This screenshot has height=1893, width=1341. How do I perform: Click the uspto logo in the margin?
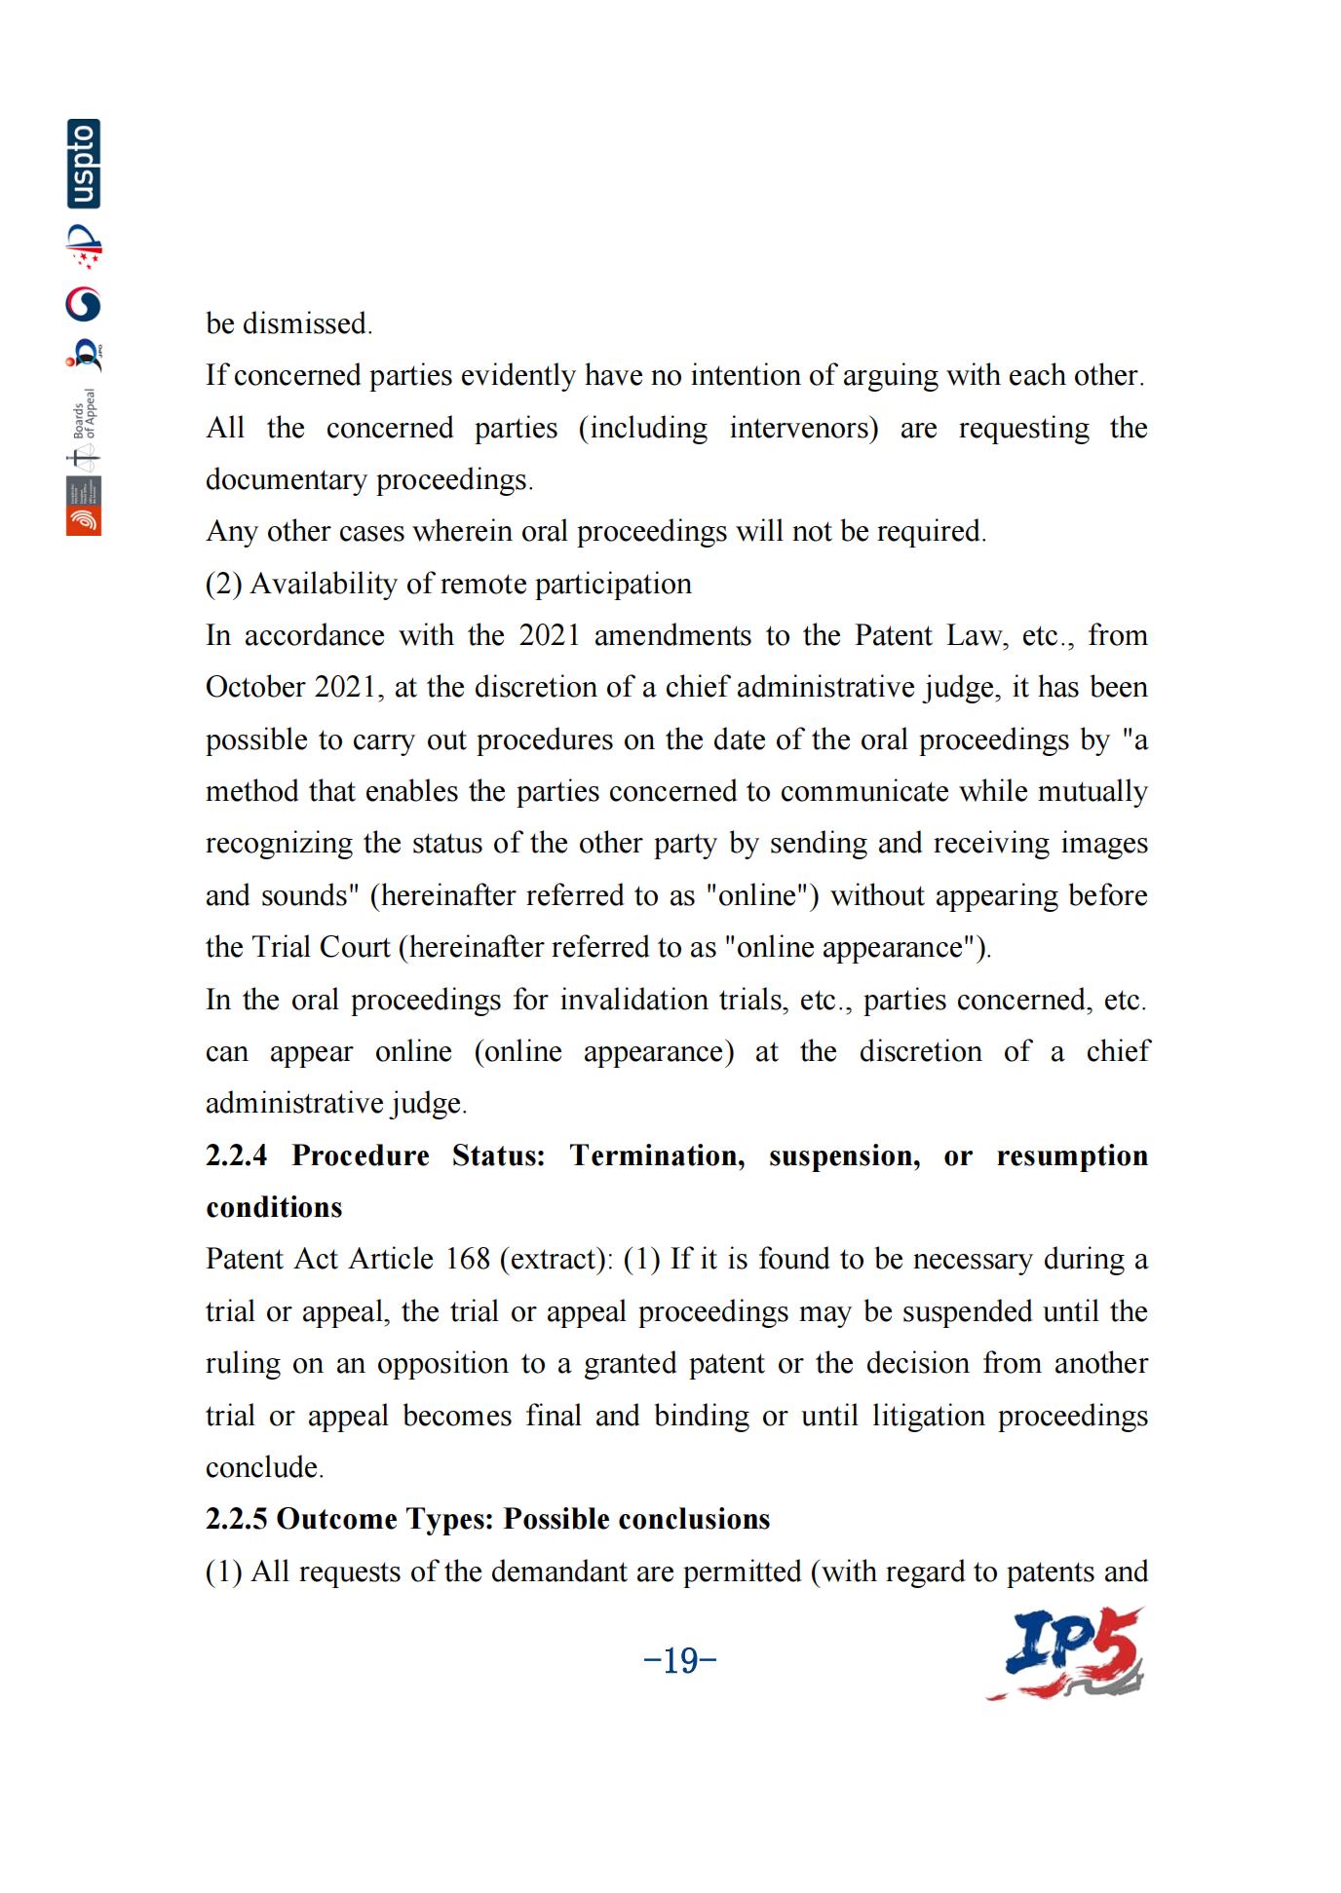(x=84, y=164)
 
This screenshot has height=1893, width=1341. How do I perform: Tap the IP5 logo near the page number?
(x=1066, y=1653)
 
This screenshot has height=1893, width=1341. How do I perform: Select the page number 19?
(x=680, y=1659)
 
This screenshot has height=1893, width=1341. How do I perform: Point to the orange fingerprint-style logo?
(x=84, y=521)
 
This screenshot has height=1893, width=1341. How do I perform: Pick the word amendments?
(x=672, y=635)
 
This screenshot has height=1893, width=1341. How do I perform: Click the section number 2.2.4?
(x=236, y=1155)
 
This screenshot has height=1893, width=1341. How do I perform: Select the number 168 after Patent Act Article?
(x=467, y=1259)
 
